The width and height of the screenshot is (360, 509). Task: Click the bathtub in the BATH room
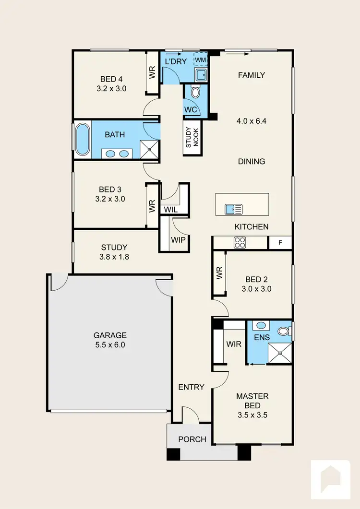82,140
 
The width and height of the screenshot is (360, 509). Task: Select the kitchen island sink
234,209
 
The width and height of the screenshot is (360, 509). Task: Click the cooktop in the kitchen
240,243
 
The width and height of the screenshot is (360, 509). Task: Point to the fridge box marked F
280,243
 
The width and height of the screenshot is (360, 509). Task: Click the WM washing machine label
200,59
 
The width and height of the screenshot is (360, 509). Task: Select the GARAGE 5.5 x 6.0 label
110,340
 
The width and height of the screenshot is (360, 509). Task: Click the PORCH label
192,439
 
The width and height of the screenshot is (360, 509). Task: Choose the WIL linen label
170,210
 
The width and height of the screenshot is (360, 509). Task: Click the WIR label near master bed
234,344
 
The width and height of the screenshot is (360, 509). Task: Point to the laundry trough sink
201,74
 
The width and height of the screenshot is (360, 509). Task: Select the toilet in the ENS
284,331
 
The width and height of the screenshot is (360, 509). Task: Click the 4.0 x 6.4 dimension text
252,121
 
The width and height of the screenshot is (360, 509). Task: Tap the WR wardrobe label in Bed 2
220,274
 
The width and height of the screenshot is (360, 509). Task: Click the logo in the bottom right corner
331,479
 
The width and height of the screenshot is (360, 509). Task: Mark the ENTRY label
192,387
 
